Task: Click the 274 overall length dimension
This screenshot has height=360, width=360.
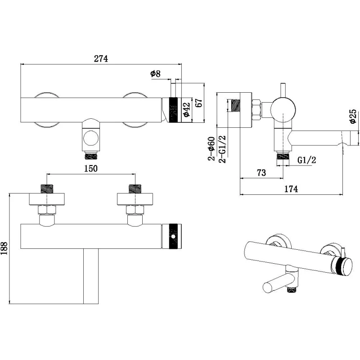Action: click(x=101, y=59)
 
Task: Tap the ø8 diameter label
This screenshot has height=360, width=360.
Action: click(x=155, y=74)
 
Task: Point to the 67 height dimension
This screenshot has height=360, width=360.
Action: click(x=199, y=103)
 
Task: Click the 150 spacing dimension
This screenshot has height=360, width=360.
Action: click(x=91, y=168)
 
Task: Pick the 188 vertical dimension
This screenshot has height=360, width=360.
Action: click(x=4, y=248)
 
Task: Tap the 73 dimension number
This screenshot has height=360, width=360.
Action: click(x=261, y=173)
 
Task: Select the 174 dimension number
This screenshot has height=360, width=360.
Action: click(x=291, y=189)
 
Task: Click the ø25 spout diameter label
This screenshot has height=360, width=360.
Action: click(x=353, y=117)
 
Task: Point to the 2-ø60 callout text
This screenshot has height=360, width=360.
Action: click(x=211, y=148)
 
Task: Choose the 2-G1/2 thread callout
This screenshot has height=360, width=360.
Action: click(x=222, y=149)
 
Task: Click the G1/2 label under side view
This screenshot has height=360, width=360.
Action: click(x=306, y=160)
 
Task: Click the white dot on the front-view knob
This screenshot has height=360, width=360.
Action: click(x=173, y=236)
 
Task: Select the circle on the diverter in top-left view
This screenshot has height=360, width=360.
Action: click(x=91, y=139)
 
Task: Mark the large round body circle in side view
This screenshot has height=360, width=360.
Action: click(x=283, y=110)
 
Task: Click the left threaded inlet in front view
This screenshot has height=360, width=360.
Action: click(x=47, y=189)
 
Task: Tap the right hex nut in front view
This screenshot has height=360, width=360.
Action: click(x=135, y=210)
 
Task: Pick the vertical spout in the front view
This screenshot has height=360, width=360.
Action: click(x=91, y=276)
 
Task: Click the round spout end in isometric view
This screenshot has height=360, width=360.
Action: click(x=269, y=288)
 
